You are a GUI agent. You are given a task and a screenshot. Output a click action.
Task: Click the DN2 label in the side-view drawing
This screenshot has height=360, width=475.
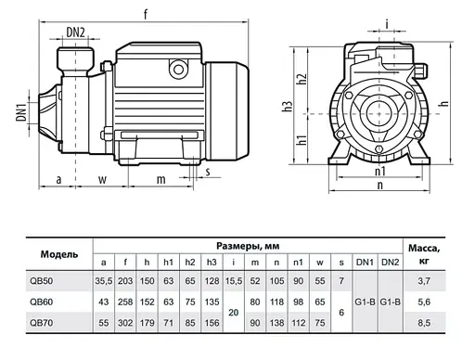point(76,32)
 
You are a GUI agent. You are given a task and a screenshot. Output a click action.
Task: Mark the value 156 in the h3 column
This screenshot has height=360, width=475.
point(212,324)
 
